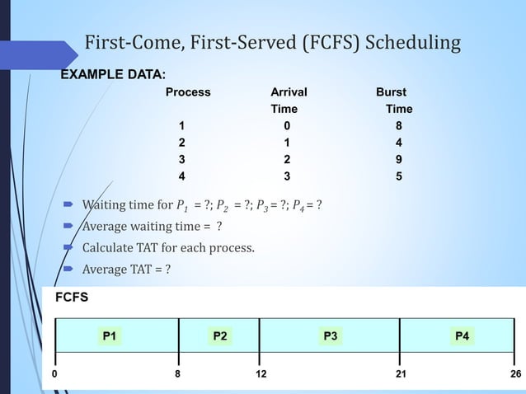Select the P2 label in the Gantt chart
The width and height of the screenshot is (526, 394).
click(220, 335)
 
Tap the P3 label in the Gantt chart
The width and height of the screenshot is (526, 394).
click(331, 335)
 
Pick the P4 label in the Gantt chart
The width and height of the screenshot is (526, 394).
click(463, 335)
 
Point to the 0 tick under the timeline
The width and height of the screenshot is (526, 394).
click(54, 373)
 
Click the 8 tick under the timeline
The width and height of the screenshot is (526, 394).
click(177, 373)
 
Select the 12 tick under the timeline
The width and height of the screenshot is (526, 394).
click(261, 373)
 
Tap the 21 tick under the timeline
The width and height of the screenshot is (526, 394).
click(400, 373)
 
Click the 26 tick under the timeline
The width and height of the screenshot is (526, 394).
click(516, 373)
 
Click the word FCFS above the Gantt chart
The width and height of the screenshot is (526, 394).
click(72, 297)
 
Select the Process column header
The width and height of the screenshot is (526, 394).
click(188, 92)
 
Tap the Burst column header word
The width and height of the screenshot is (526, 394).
click(391, 92)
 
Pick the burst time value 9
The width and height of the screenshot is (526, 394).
click(399, 159)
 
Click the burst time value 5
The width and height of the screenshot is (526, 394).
click(399, 176)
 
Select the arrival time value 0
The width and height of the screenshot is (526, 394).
click(287, 126)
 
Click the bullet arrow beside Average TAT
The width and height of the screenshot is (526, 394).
click(69, 269)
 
